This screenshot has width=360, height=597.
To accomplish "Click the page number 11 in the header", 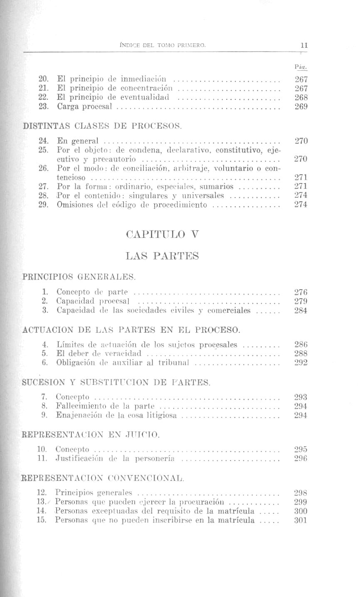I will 304,46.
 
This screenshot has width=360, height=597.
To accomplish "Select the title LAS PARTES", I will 162,256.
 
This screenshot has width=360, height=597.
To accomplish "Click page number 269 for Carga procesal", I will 301,107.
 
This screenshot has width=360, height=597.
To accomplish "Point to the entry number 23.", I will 43,107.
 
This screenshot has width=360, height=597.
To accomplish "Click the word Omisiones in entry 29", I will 72,205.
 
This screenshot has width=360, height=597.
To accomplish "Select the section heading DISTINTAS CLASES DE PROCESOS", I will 102,125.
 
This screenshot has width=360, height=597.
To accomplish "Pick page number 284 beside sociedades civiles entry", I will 301,310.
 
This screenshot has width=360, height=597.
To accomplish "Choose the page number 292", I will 301,363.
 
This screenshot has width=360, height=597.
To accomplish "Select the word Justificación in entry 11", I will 79,458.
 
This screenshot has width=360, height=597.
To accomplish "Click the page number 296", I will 301,458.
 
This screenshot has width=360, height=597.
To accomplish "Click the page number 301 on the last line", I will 301,520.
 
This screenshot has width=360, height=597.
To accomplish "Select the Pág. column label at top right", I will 301,67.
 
